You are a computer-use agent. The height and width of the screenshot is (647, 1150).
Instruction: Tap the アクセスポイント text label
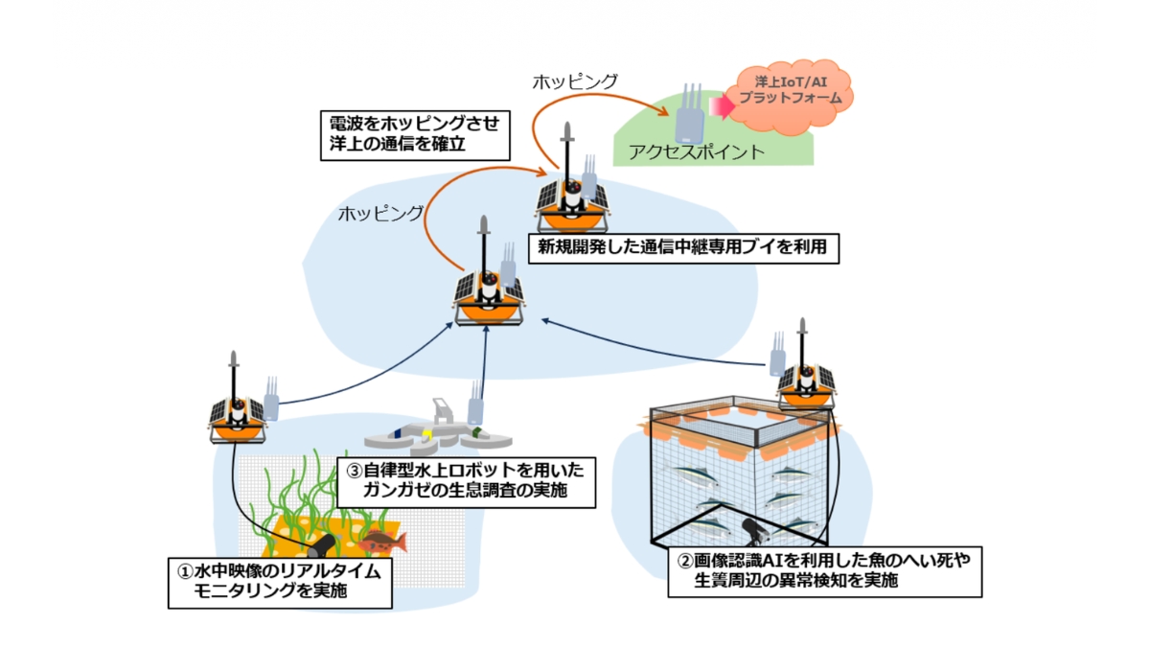tap(696, 151)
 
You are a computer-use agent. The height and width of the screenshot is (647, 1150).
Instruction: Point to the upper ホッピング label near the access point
tap(575, 81)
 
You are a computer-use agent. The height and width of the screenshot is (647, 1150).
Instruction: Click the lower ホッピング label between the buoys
tap(379, 214)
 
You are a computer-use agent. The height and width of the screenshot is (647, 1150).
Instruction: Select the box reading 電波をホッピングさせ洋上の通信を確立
tap(412, 134)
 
